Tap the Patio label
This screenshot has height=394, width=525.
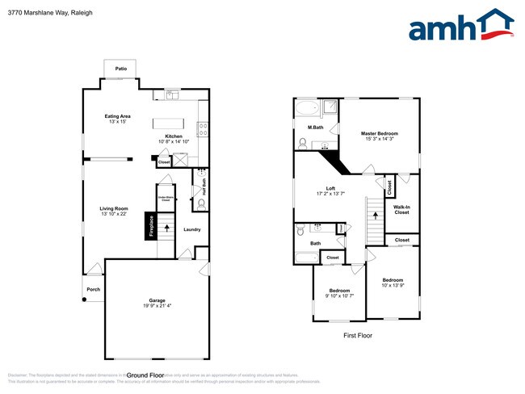tap(121, 69)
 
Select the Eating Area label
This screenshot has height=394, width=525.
tap(118, 116)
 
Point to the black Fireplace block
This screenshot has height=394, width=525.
tap(151, 225)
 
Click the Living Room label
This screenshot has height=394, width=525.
tap(115, 208)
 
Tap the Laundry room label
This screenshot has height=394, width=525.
tap(191, 229)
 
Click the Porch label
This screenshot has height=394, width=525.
tap(93, 289)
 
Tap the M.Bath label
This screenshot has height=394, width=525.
tap(316, 128)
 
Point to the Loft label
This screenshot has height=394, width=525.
tap(331, 189)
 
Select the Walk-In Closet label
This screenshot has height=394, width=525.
tap(401, 210)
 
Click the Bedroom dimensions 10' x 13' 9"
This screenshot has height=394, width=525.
tap(393, 286)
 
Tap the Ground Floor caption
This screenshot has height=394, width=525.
tap(146, 375)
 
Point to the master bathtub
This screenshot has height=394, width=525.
tap(308, 108)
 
